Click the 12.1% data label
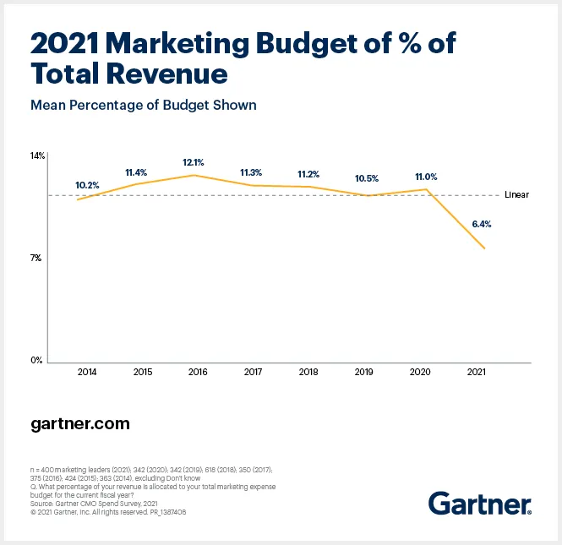194,161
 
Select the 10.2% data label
87,185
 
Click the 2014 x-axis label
87,373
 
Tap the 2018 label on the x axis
308,373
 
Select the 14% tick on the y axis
37,156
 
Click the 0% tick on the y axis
37,361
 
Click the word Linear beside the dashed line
516,195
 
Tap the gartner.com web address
80,423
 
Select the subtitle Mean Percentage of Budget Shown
143,106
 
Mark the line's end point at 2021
484,248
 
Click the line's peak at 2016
195,175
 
